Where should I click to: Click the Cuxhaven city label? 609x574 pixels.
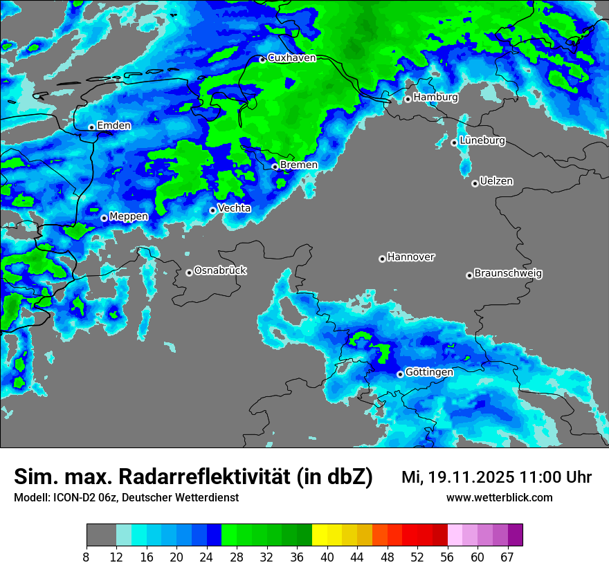tap(291, 58)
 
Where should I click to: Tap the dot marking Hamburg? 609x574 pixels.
tap(408, 99)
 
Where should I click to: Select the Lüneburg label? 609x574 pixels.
tap(482, 141)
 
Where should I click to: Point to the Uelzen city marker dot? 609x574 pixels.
tap(475, 183)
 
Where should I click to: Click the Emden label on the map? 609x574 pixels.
tap(113, 126)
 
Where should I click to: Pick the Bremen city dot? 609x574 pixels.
tap(275, 167)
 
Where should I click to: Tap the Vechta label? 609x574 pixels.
tap(234, 208)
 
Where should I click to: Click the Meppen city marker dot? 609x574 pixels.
tap(104, 218)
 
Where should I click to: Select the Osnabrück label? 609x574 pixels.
tap(220, 270)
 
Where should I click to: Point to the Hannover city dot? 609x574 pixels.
tap(382, 259)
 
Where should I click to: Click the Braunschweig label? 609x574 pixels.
tap(508, 274)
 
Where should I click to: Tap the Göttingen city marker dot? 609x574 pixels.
tap(400, 374)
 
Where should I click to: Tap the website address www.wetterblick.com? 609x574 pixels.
tap(499, 498)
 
